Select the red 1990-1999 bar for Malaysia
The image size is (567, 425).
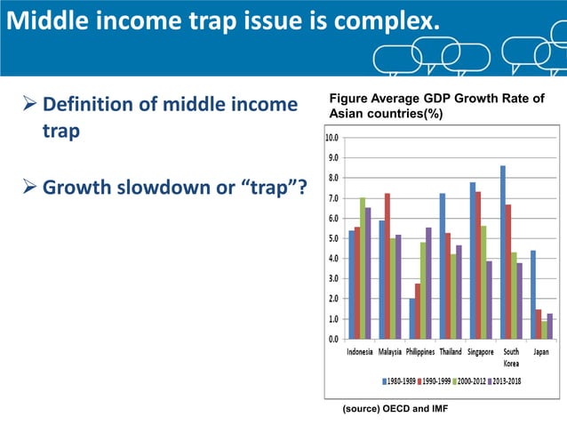tap(387, 266)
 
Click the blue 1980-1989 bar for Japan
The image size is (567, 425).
tap(533, 294)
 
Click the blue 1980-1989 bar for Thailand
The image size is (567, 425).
tap(442, 266)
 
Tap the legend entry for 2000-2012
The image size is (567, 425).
tap(464, 380)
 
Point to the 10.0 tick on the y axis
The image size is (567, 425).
tap(331, 138)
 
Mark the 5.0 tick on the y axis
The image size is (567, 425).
tap(331, 238)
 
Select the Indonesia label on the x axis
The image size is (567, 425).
tap(359, 352)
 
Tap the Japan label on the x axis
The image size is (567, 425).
tap(541, 352)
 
